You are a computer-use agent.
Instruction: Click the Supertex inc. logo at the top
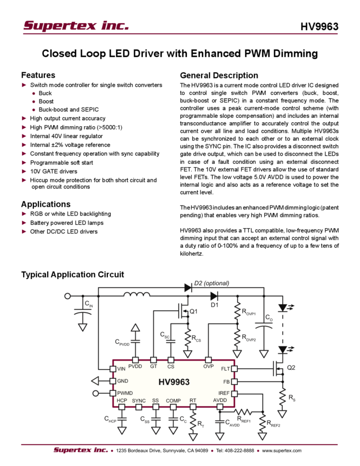pyautogui.click(x=76, y=25)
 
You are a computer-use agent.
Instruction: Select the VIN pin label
pyautogui.click(x=122, y=370)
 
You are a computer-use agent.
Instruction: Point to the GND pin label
pyautogui.click(x=123, y=381)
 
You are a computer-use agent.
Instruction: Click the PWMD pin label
pyautogui.click(x=125, y=393)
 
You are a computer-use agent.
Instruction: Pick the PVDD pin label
pyautogui.click(x=135, y=366)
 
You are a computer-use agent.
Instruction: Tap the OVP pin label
pyautogui.click(x=208, y=366)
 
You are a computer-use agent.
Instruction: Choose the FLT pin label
pyautogui.click(x=226, y=370)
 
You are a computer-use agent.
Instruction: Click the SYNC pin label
pyautogui.click(x=139, y=401)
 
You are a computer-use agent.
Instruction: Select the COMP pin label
pyautogui.click(x=173, y=401)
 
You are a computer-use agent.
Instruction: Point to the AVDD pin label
pyautogui.click(x=220, y=401)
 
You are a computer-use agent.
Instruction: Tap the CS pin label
pyautogui.click(x=170, y=366)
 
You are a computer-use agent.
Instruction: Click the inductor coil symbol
pyautogui.click(x=136, y=295)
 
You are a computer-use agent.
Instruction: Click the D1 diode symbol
pyautogui.click(x=214, y=297)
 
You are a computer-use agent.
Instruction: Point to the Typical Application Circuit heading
pyautogui.click(x=75, y=274)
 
